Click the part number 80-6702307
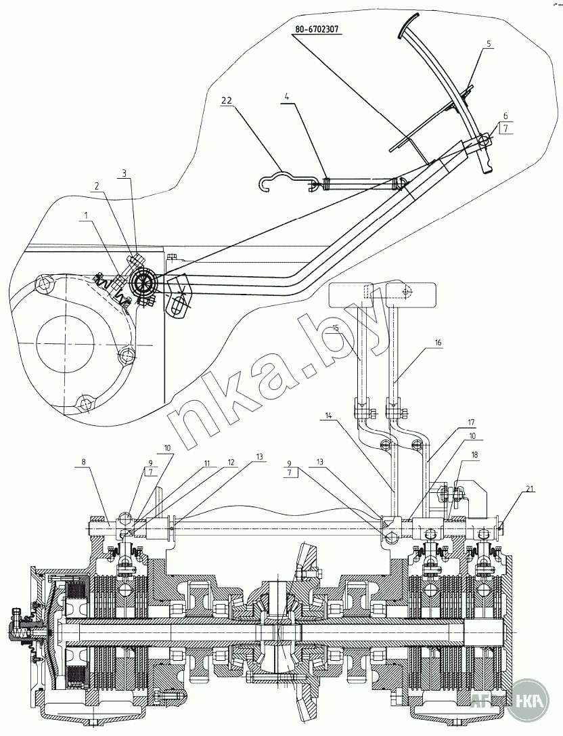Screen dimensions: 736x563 click(x=317, y=30)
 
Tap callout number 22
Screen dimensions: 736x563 click(x=226, y=100)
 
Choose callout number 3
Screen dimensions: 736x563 click(x=124, y=174)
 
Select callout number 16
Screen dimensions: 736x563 click(x=438, y=343)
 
